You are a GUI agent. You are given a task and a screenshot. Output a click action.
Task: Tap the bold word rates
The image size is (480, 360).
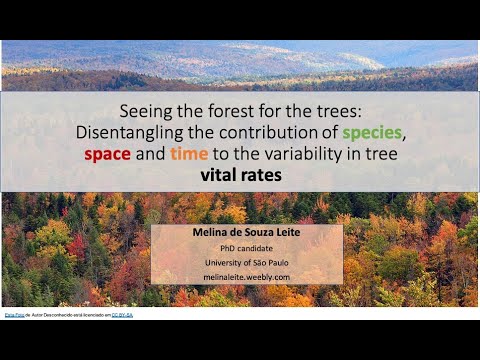pyautogui.click(x=263, y=174)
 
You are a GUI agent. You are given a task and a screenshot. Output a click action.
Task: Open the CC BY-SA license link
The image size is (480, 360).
pyautogui.click(x=122, y=314)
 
